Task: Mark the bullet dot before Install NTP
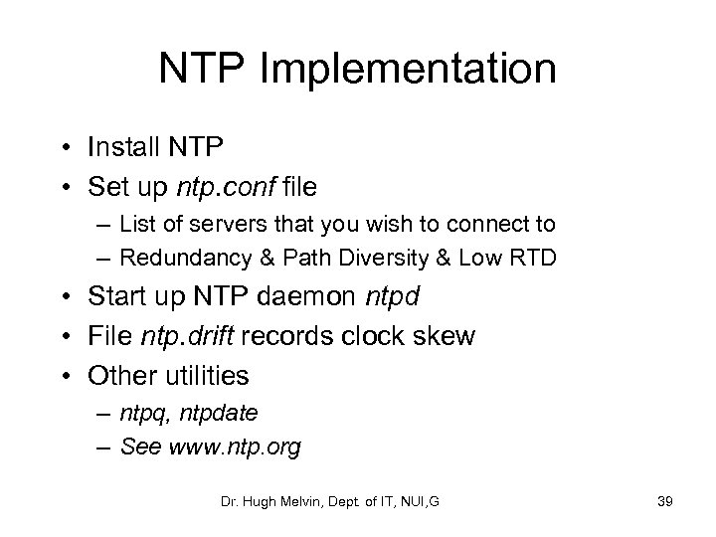66,149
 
